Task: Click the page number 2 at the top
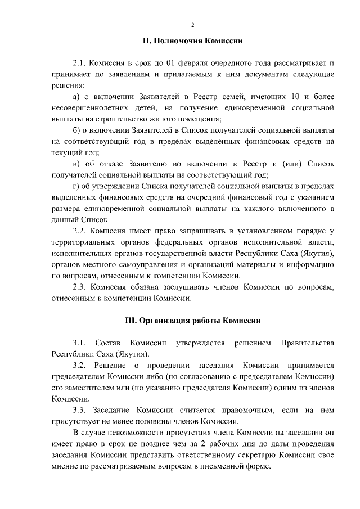tap(192, 25)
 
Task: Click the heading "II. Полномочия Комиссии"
tap(192, 41)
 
